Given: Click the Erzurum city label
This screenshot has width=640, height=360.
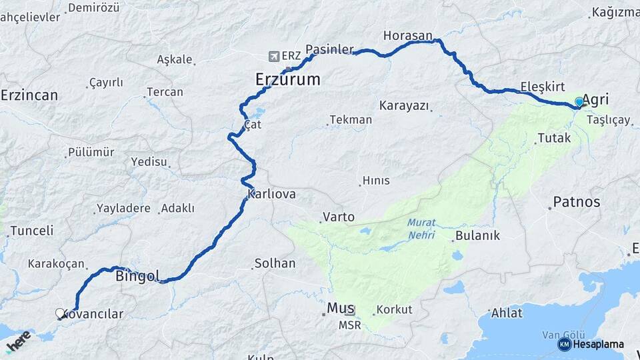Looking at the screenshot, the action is (287, 80).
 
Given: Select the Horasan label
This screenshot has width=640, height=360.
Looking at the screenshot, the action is (408, 35).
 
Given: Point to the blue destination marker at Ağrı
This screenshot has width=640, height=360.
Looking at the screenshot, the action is (578, 102).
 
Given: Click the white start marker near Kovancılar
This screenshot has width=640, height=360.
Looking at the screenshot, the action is (61, 313).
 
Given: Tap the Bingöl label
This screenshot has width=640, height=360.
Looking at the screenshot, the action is (138, 275).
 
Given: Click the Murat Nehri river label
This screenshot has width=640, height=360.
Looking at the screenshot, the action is (421, 230).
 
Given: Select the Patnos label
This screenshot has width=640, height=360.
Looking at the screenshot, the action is (577, 201).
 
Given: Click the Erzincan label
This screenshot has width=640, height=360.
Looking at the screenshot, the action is (29, 95).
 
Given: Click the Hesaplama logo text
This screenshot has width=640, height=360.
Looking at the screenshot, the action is (599, 345).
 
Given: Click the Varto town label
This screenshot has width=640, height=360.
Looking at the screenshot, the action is (339, 217).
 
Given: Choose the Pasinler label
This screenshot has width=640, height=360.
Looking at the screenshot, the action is (329, 49).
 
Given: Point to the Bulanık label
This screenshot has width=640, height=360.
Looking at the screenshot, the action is (477, 235).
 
